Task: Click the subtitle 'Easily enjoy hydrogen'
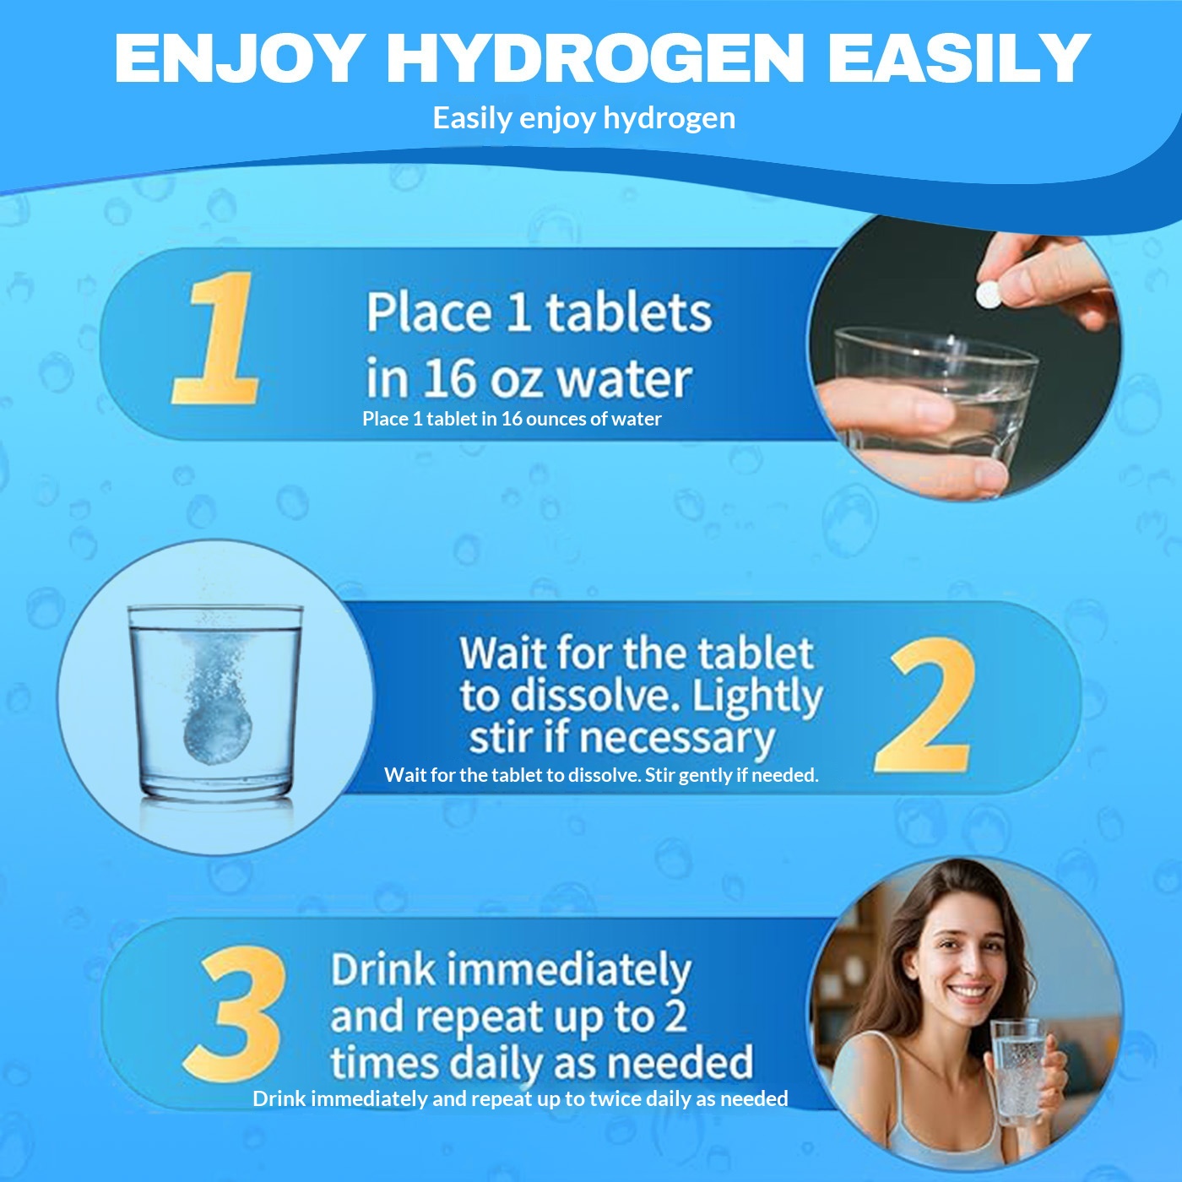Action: tap(584, 118)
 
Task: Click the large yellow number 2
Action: tap(925, 704)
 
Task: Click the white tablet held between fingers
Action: tap(988, 295)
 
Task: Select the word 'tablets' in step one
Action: tap(629, 313)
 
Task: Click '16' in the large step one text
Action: tap(451, 378)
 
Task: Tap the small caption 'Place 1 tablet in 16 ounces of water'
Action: tap(512, 419)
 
